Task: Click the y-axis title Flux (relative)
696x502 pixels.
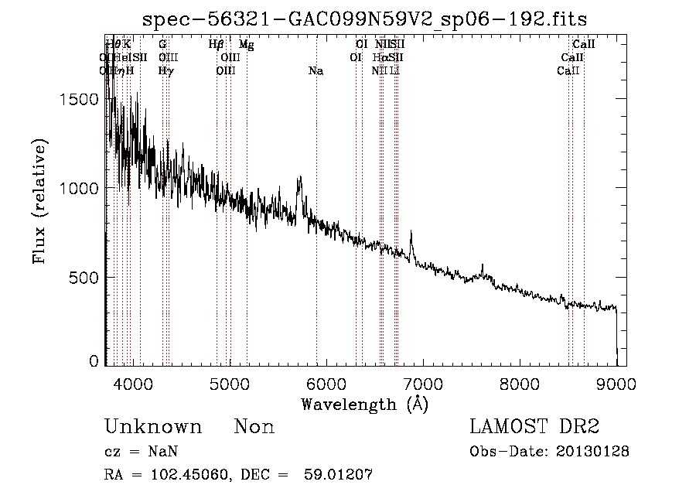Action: pyautogui.click(x=39, y=200)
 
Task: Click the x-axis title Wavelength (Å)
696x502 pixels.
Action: pyautogui.click(x=364, y=404)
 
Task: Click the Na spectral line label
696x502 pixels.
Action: pyautogui.click(x=316, y=71)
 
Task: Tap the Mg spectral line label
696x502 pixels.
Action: pyautogui.click(x=246, y=45)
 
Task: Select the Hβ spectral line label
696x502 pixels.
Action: pyautogui.click(x=216, y=45)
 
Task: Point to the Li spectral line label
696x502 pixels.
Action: pyautogui.click(x=395, y=71)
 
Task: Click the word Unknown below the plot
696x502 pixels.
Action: pyautogui.click(x=153, y=428)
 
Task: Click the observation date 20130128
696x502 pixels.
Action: pyautogui.click(x=592, y=452)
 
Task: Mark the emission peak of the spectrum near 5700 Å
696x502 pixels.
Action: pyautogui.click(x=300, y=178)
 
